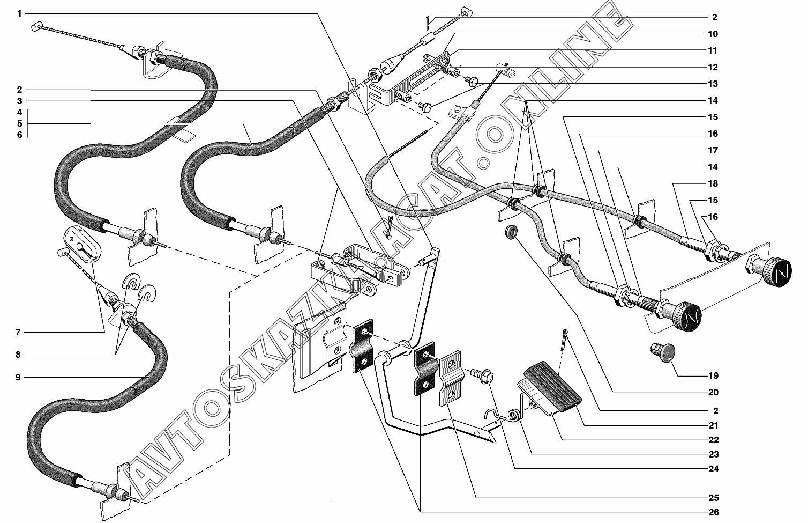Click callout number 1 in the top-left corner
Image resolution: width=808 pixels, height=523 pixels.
click(x=19, y=14)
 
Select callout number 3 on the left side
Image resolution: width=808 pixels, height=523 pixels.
click(x=19, y=101)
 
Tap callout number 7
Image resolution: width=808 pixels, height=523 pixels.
click(x=18, y=333)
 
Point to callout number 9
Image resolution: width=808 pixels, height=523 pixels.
click(x=18, y=378)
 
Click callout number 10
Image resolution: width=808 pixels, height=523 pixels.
click(x=712, y=34)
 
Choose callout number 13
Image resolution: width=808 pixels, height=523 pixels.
click(x=712, y=84)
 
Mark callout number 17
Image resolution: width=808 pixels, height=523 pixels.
click(x=712, y=151)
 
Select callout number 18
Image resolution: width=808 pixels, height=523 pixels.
click(x=712, y=184)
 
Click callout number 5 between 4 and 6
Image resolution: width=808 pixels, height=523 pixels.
click(x=19, y=124)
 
